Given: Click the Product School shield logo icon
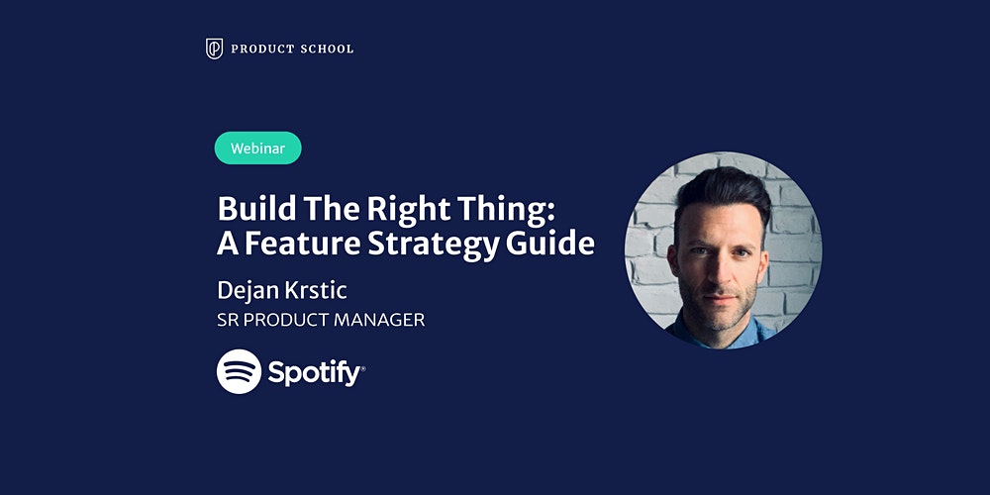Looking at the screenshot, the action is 214,49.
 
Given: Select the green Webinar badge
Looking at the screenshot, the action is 257,148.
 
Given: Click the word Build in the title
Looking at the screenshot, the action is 248,208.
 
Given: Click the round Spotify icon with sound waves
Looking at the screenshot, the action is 240,372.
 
